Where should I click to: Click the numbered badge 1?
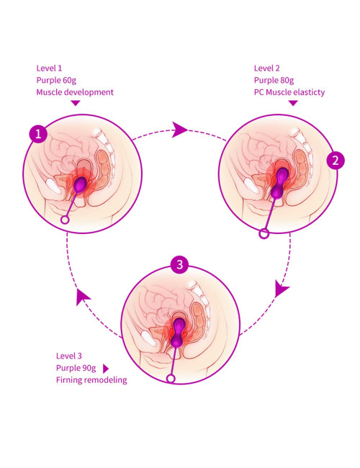(x=38, y=134)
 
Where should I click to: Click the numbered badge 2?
(x=336, y=161)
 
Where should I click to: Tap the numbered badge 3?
(x=179, y=264)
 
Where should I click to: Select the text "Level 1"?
(x=49, y=68)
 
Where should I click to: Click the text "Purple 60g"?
(x=56, y=81)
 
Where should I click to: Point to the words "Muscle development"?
(x=75, y=92)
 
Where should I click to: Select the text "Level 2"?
(x=267, y=68)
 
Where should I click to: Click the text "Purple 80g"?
(x=274, y=81)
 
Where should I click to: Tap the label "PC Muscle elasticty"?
(x=289, y=92)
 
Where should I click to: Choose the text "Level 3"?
(x=68, y=356)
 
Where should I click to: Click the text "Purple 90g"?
(x=76, y=368)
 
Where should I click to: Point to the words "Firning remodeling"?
(x=91, y=380)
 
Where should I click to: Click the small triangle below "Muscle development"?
(x=76, y=103)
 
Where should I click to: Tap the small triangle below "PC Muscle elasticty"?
(x=293, y=103)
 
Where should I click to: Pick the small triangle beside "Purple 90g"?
(x=106, y=369)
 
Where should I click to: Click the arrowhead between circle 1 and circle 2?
(x=179, y=130)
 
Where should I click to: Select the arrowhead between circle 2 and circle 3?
(x=281, y=288)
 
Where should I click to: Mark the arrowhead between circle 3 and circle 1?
(x=82, y=297)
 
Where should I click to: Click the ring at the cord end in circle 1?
(x=65, y=220)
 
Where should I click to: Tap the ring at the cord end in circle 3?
(x=171, y=379)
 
